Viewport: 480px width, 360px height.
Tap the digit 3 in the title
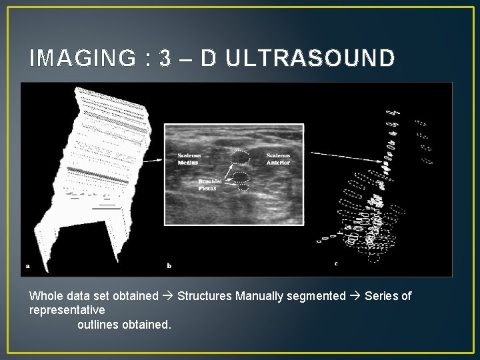(165, 59)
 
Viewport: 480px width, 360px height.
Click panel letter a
(27, 265)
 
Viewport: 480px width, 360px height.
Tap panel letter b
(169, 265)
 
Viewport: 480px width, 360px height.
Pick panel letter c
(335, 263)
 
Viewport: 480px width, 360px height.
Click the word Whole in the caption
(45, 296)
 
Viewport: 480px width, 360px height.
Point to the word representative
(67, 311)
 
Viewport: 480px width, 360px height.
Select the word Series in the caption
(382, 296)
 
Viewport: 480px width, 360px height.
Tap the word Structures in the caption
(205, 296)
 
